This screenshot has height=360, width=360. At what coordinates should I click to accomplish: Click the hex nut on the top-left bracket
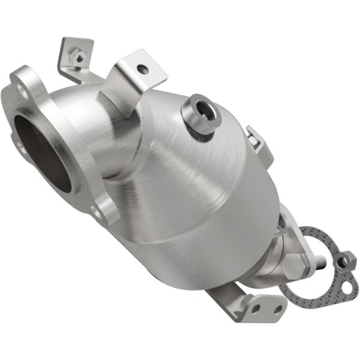pos(76,58)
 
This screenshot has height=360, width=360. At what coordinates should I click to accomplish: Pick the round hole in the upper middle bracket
pos(142,70)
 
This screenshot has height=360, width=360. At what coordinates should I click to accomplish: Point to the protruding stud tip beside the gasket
pos(322,262)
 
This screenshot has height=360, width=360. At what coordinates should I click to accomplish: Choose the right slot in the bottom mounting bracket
pos(277,310)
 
